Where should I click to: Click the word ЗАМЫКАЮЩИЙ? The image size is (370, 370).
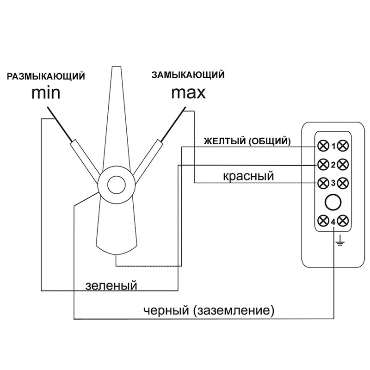[x=188, y=74]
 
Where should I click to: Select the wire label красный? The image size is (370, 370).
[x=248, y=176]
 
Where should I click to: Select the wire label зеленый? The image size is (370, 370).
[x=111, y=285]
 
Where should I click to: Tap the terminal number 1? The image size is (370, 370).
[x=333, y=146]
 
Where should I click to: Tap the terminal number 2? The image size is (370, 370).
[x=333, y=164]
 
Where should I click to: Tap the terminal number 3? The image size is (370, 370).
[x=333, y=183]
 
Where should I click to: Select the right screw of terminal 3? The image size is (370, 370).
[x=343, y=183]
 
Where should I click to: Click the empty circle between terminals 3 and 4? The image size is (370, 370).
[x=333, y=202]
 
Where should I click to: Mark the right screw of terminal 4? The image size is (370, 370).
[x=343, y=220]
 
